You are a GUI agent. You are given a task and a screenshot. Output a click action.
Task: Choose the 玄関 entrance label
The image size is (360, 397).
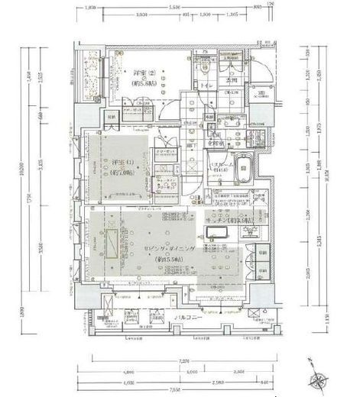(x=232, y=82)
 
